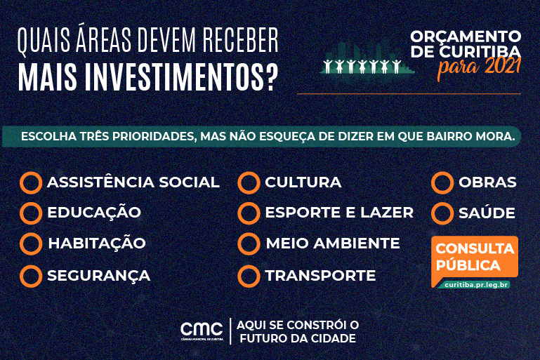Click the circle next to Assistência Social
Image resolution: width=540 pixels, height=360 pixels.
(x=31, y=182)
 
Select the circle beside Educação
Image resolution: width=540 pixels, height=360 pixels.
(x=31, y=213)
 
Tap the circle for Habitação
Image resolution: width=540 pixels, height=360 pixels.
(x=31, y=244)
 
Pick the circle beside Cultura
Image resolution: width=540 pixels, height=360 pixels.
(x=249, y=182)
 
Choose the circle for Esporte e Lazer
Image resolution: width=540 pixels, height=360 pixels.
(x=249, y=213)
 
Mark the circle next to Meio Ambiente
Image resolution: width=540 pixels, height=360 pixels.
(x=249, y=244)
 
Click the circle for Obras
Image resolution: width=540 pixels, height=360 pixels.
(x=442, y=182)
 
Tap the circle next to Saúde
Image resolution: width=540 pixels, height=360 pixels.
(x=442, y=213)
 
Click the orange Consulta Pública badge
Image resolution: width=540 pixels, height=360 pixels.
(x=476, y=257)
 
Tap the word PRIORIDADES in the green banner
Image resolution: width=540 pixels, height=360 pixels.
(x=147, y=136)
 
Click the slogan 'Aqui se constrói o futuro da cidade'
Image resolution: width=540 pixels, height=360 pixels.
(x=298, y=331)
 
